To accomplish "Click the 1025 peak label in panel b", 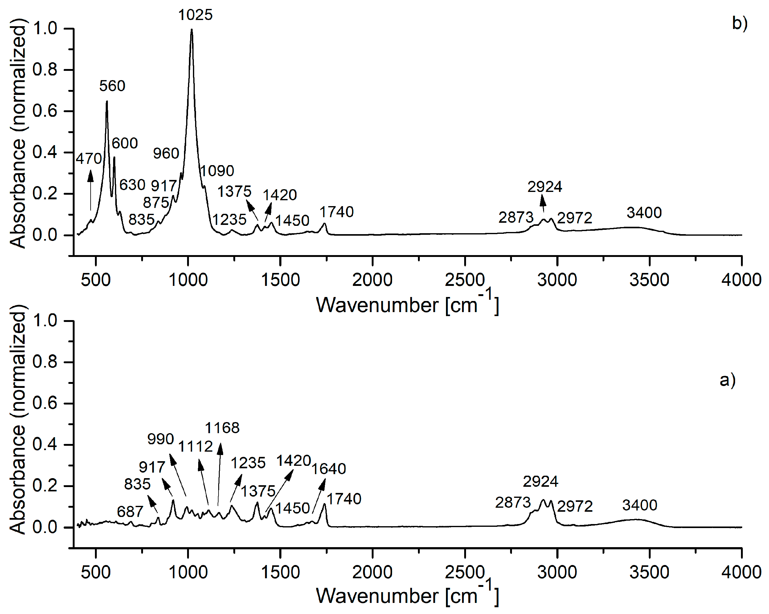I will [x=195, y=15].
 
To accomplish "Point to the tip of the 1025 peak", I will [x=191, y=30].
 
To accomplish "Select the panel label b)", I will [x=740, y=23].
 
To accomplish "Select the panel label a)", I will [x=727, y=380].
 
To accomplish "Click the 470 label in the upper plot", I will [x=89, y=159].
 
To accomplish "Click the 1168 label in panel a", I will [x=222, y=428].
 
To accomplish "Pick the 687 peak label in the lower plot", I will [x=130, y=512].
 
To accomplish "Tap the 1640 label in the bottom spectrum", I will [x=329, y=469].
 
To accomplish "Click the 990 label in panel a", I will [x=161, y=439].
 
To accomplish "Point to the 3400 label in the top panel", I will [x=644, y=213].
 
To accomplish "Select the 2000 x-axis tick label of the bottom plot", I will [x=372, y=573].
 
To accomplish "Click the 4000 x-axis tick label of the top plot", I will [x=741, y=280].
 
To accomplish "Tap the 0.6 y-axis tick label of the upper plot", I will [x=45, y=111].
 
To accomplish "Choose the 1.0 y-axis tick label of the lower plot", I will [x=45, y=321].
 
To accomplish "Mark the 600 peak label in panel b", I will [x=125, y=143].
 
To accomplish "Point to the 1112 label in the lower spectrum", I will [x=195, y=446].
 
